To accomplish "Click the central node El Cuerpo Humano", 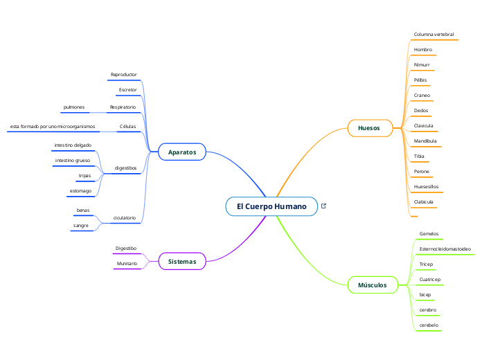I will [x=271, y=206].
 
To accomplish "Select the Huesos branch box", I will [x=368, y=127].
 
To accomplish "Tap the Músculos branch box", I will [x=373, y=285].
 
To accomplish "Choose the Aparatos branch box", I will [x=182, y=152].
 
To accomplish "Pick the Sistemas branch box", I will [x=182, y=261].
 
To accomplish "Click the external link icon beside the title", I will [x=323, y=206].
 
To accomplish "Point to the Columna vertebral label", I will [x=434, y=34].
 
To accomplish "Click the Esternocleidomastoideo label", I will [x=445, y=249].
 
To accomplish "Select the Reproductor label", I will [x=124, y=74].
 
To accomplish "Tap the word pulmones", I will [x=74, y=107].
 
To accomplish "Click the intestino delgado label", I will [x=73, y=145].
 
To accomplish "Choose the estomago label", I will [x=80, y=190].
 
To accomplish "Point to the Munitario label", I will [x=127, y=264].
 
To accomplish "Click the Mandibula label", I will [x=425, y=141].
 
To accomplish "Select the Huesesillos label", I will [x=426, y=186].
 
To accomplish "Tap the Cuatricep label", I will [x=430, y=279].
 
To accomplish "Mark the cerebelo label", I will [x=429, y=325].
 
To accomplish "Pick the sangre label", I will [x=81, y=225].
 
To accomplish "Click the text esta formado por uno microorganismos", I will [x=53, y=127].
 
